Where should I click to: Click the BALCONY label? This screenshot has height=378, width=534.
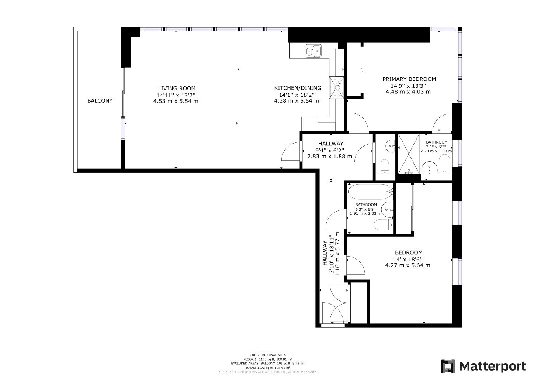(100, 101)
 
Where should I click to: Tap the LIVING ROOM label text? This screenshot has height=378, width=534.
(177, 89)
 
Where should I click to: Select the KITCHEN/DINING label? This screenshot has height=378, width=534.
(298, 88)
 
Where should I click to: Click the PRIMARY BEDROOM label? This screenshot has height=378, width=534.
(409, 79)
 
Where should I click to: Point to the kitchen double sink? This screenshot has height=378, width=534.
(313, 51)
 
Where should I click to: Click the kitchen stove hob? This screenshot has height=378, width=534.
(337, 87)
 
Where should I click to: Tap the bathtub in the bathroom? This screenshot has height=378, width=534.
(371, 192)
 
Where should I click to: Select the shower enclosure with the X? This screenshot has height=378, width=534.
(409, 154)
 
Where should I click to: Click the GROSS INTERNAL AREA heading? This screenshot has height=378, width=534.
(267, 355)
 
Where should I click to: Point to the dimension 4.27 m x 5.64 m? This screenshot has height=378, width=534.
(408, 265)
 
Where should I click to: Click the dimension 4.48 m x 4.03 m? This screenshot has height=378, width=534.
(408, 92)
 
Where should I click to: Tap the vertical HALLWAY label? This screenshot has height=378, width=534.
(325, 253)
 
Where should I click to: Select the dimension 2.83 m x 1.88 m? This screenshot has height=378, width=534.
(330, 156)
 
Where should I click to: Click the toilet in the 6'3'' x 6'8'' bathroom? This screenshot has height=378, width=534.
(383, 224)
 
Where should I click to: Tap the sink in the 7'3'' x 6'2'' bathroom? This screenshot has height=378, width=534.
(429, 167)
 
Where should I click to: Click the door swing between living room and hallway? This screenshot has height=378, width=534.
(291, 152)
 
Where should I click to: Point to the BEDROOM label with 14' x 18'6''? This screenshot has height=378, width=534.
(409, 252)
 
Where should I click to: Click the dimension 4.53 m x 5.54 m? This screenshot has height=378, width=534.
(176, 101)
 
